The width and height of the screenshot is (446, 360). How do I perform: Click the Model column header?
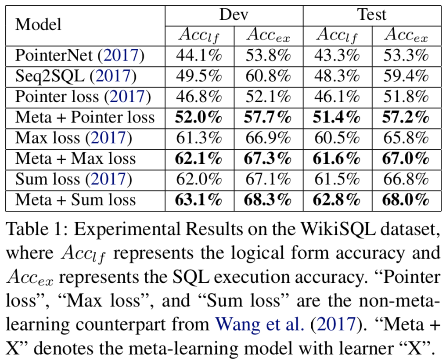pyautogui.click(x=39, y=25)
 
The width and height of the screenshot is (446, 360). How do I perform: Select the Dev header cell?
pyautogui.click(x=234, y=14)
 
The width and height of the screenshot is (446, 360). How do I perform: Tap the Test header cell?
pyautogui.click(x=372, y=14)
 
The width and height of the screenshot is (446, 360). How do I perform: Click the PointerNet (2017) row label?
pyautogui.click(x=79, y=56)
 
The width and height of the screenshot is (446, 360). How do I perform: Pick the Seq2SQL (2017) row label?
pyautogui.click(x=76, y=76)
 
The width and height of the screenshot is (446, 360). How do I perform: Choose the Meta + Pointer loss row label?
pyautogui.click(x=85, y=117)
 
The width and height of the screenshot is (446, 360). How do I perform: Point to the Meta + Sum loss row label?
pyautogui.click(x=76, y=200)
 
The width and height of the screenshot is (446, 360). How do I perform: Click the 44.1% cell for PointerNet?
pyautogui.click(x=199, y=56)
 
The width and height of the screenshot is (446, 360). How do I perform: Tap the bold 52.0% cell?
pyautogui.click(x=199, y=117)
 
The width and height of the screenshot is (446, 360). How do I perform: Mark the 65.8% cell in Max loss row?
pyautogui.click(x=406, y=138)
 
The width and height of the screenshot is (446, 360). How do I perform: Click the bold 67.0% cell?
pyautogui.click(x=406, y=158)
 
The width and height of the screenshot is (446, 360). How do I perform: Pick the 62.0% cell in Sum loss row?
pyautogui.click(x=199, y=179)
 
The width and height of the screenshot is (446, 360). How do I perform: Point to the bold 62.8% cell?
pyautogui.click(x=337, y=200)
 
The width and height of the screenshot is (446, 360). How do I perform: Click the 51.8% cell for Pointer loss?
pyautogui.click(x=406, y=97)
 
